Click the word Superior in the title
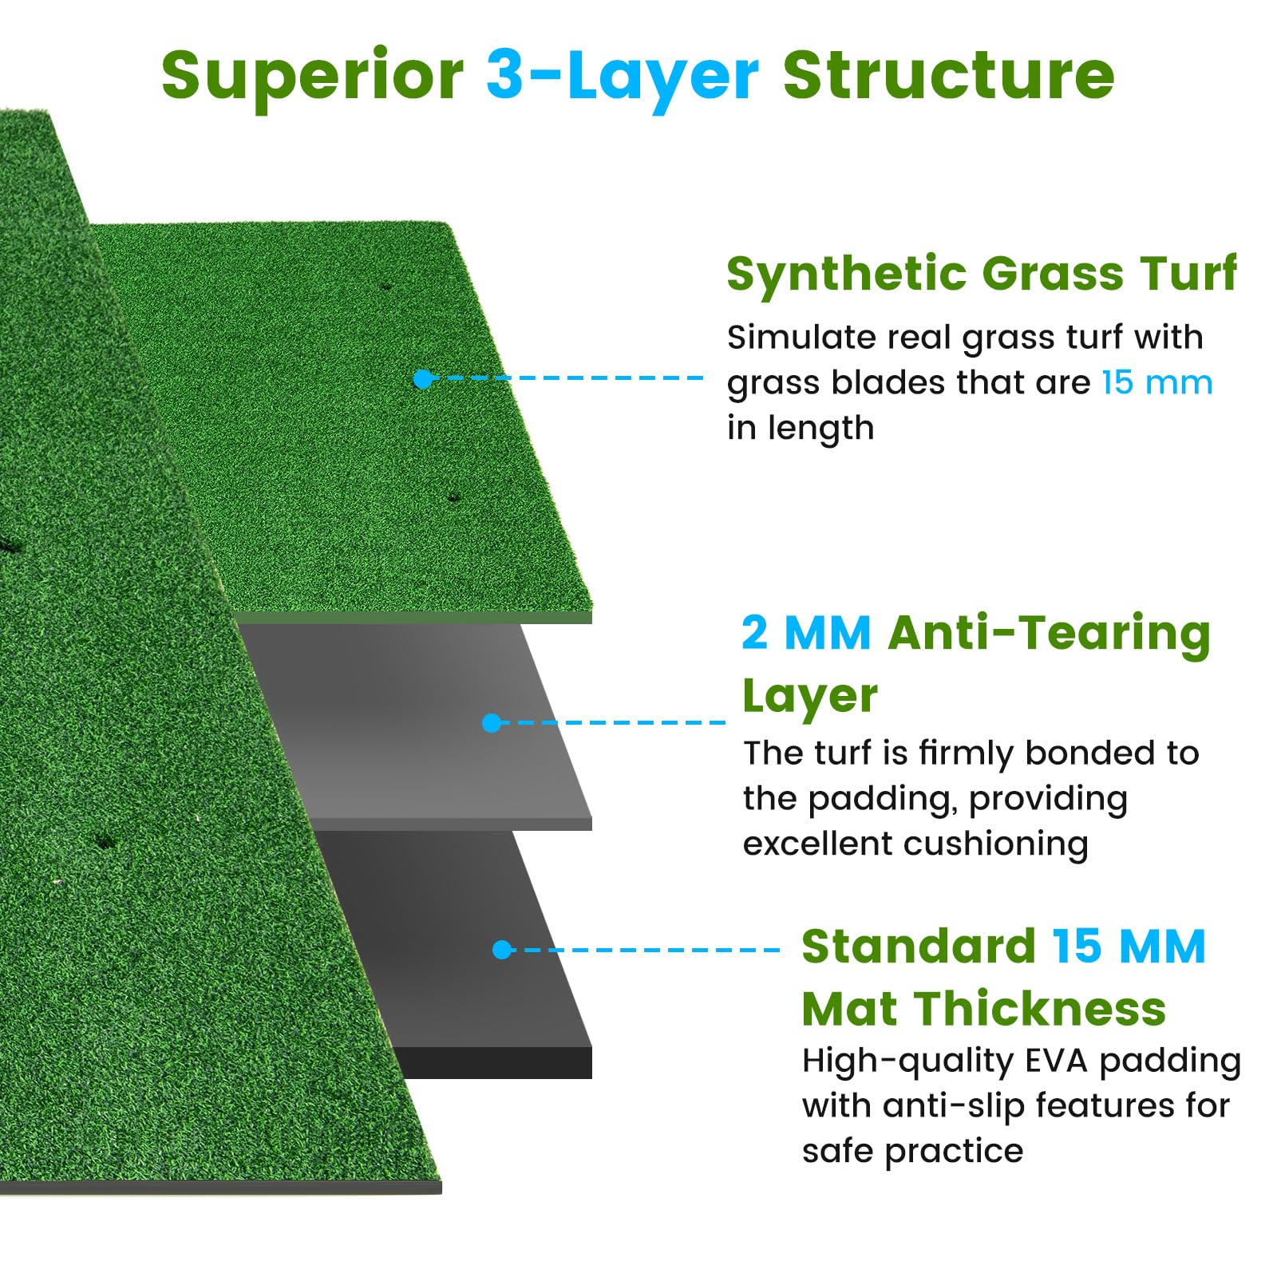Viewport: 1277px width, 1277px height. (x=312, y=77)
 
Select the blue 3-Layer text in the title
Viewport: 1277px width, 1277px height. (x=622, y=77)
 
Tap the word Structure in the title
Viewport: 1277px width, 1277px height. (x=948, y=75)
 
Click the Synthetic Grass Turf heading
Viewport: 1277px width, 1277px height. (x=981, y=274)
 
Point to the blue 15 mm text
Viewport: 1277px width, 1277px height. (x=1156, y=383)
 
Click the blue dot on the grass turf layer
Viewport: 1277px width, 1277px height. (x=423, y=379)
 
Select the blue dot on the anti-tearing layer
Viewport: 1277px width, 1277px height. (x=492, y=723)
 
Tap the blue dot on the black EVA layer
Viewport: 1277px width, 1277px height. (x=502, y=950)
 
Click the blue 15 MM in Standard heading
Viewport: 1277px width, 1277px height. (x=1128, y=947)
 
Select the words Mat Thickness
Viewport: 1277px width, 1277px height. (x=983, y=1009)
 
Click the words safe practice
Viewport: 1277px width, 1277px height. (x=912, y=1151)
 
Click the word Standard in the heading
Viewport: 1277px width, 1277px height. (x=918, y=947)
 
